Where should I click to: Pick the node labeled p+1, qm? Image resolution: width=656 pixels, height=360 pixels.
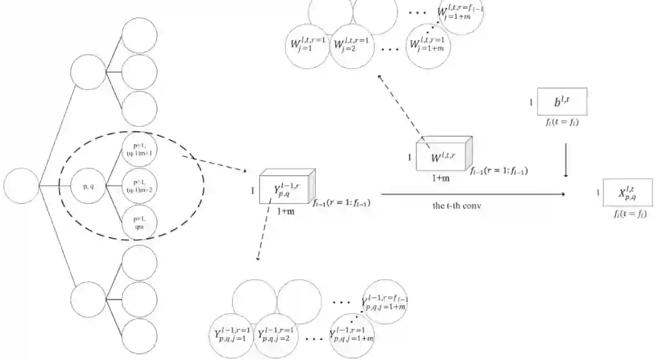coord(140,224)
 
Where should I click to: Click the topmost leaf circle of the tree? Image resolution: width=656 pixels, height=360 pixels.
coord(140,38)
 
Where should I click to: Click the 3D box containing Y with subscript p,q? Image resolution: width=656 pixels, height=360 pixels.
coord(285,189)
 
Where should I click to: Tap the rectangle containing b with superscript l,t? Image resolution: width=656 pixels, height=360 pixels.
coord(562,101)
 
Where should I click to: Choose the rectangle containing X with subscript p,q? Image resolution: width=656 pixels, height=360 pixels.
coord(628,193)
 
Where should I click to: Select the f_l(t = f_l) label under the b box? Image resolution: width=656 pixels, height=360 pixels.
coord(562,123)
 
